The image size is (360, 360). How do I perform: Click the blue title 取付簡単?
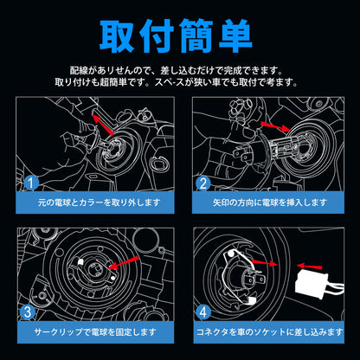coord(176,35)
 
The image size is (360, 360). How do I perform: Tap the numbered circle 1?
coord(31,183)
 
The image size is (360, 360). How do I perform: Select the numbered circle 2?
coord(203,183)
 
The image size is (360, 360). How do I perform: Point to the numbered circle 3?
coord(28,312)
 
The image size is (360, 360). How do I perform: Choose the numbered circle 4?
coord(203,312)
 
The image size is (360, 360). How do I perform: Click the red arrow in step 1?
coord(103,125)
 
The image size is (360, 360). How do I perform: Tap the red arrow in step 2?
coord(275,126)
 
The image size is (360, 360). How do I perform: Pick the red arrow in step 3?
coord(125,263)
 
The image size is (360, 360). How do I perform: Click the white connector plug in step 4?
coord(313,281)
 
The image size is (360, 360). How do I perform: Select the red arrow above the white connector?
coord(309,266)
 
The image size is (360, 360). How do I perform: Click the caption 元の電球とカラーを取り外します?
coord(99,202)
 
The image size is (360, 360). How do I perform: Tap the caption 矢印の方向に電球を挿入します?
coord(270,202)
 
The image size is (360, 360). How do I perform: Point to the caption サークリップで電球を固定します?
coord(95,332)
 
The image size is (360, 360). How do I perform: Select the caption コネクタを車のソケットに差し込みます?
coord(269,332)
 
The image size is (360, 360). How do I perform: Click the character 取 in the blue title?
coord(117,36)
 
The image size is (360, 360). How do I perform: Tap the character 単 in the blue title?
coord(235,36)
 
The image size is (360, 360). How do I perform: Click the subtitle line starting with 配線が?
coord(177,70)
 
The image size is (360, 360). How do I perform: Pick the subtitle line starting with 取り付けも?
coord(177,82)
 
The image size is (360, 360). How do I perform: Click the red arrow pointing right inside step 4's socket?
coord(264,263)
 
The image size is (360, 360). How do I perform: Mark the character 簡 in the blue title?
coord(196,36)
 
